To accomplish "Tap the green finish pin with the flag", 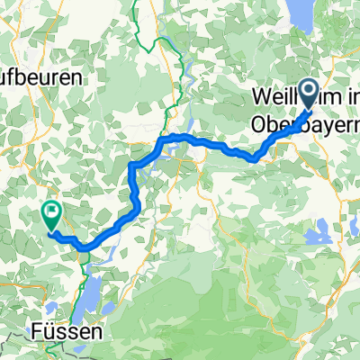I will (49, 215).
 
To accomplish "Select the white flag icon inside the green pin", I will (49, 214).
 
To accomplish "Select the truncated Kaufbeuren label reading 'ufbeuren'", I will (40, 77).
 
